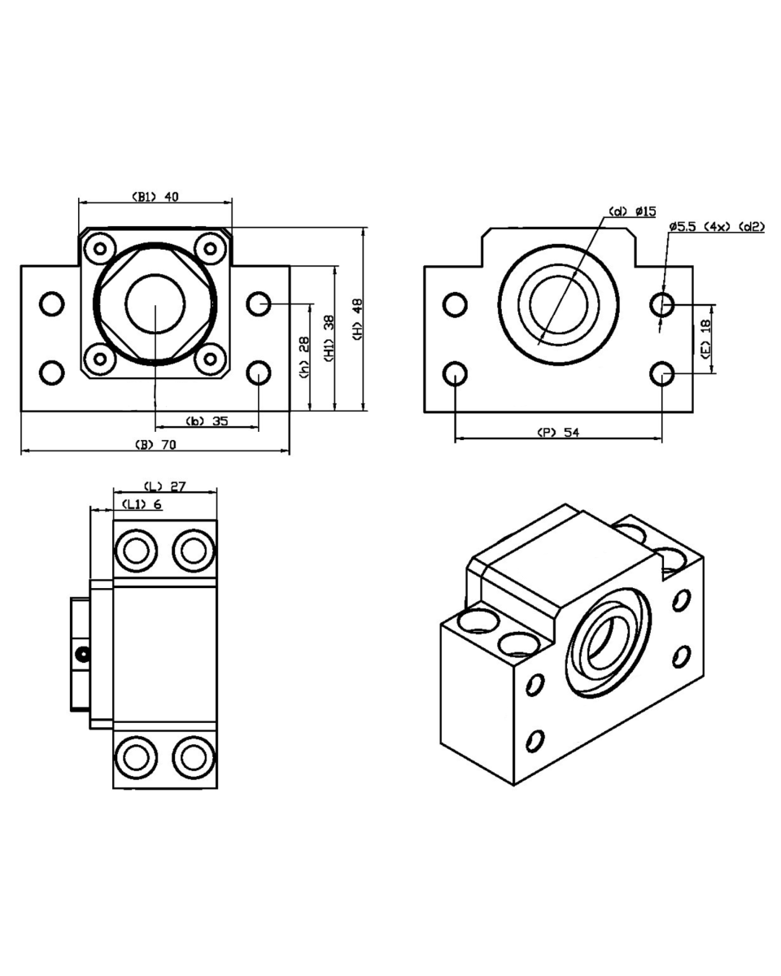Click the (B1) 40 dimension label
tap(155, 195)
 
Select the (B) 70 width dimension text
tap(155, 444)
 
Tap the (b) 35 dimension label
tap(207, 420)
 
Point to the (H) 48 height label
tap(356, 316)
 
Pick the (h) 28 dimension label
tap(303, 356)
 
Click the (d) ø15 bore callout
tap(633, 211)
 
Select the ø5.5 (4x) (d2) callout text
tap(716, 226)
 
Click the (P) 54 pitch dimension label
tap(558, 433)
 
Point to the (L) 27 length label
tap(165, 486)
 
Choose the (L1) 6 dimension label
tap(142, 504)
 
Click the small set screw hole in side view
tap(80, 653)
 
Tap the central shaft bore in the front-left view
tap(155, 303)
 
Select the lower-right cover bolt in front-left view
tap(210, 357)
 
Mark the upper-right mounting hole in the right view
tap(662, 305)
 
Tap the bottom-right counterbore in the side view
tap(194, 757)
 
